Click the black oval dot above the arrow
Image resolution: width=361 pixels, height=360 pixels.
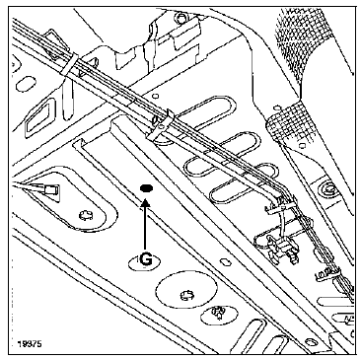click(145, 187)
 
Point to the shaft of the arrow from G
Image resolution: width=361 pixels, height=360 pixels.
click(145, 225)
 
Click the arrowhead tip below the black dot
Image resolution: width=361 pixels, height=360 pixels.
click(145, 201)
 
